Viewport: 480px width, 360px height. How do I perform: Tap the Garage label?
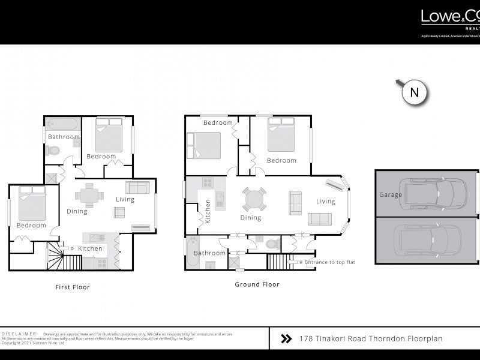tap(390, 195)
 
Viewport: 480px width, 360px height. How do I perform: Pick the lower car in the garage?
tap(428, 239)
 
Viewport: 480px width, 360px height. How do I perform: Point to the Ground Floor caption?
tap(257, 285)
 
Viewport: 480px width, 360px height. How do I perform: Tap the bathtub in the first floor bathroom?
tap(62, 125)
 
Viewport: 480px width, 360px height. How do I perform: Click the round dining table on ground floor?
tap(254, 199)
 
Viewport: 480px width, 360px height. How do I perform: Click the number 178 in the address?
tap(305, 339)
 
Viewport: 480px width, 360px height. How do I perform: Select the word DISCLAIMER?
tap(19, 334)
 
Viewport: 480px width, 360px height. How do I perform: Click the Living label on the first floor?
tap(125, 199)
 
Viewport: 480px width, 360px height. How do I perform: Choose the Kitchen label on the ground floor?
tap(208, 211)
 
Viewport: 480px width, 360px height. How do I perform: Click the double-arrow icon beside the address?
tap(286, 339)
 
